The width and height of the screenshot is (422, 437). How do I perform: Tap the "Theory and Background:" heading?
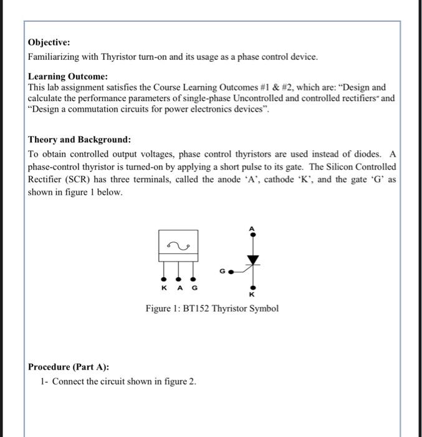pyautogui.click(x=80, y=140)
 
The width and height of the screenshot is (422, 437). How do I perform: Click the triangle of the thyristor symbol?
pyautogui.click(x=252, y=258)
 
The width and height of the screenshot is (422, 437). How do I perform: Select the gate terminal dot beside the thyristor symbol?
pyautogui.click(x=231, y=272)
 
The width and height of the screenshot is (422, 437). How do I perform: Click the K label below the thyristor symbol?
pyautogui.click(x=252, y=294)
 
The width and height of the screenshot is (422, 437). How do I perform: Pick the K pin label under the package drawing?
pyautogui.click(x=164, y=288)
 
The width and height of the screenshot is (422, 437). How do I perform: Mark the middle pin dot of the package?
pyautogui.click(x=178, y=278)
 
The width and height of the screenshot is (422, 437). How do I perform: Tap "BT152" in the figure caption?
pyautogui.click(x=196, y=309)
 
